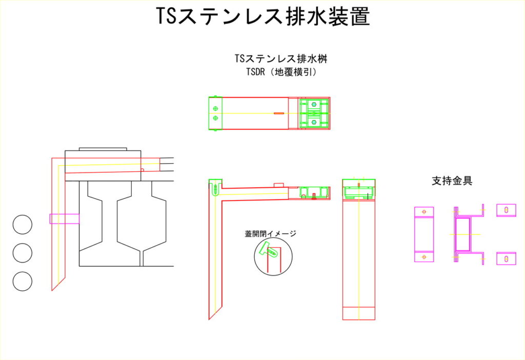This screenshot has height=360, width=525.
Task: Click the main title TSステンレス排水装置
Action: pyautogui.click(x=262, y=16)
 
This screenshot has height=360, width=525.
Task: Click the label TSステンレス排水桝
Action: pyautogui.click(x=281, y=59)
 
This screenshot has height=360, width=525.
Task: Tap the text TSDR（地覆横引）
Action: pyautogui.click(x=281, y=72)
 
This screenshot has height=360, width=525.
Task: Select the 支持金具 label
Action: pyautogui.click(x=452, y=181)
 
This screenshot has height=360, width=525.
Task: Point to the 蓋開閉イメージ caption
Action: pyautogui.click(x=271, y=234)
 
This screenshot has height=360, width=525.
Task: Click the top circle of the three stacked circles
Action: pyautogui.click(x=23, y=225)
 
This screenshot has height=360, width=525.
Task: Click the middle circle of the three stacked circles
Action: pyautogui.click(x=23, y=252)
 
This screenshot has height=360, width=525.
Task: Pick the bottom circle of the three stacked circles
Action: pyautogui.click(x=23, y=281)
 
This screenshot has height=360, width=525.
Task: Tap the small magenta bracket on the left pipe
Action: pyautogui.click(x=64, y=219)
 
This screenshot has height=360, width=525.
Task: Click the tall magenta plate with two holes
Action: pyautogui.click(x=424, y=234)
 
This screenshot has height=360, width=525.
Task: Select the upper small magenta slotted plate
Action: pyautogui.click(x=506, y=210)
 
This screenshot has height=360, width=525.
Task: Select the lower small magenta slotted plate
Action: pyautogui.click(x=506, y=258)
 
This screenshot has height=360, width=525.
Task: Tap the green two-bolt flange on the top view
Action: pyautogui.click(x=215, y=113)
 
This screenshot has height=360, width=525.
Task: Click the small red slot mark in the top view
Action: pyautogui.click(x=279, y=113)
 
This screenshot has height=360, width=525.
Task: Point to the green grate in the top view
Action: pyautogui.click(x=314, y=113)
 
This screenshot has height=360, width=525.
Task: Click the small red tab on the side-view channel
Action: pyautogui.click(x=279, y=185)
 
